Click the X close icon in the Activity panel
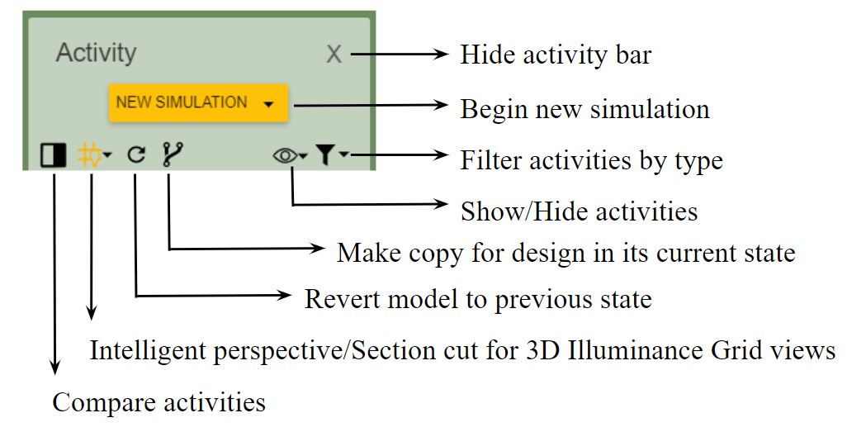click(334, 55)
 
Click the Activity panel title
click(96, 53)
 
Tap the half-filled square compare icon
click(53, 154)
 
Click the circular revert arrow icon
click(137, 154)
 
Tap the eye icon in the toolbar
click(286, 155)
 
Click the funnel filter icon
click(326, 154)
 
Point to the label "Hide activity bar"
click(556, 55)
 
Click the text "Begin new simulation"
click(584, 108)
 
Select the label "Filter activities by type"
click(591, 159)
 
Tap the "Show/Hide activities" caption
click(579, 211)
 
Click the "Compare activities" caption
click(159, 402)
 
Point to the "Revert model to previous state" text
click(478, 298)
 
